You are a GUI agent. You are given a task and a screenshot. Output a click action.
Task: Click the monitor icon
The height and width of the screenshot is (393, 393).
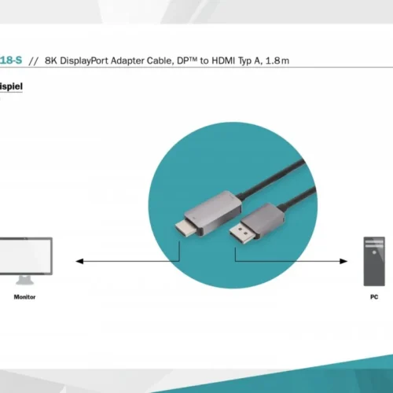[25, 259]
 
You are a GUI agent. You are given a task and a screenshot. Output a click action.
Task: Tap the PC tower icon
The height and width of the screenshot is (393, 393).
[374, 261]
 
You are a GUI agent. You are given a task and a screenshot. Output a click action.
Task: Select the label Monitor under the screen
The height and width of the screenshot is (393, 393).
[24, 297]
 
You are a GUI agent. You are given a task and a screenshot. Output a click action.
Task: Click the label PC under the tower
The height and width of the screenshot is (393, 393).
[374, 297]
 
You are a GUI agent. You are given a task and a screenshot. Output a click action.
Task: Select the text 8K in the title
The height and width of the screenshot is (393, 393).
[52, 60]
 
